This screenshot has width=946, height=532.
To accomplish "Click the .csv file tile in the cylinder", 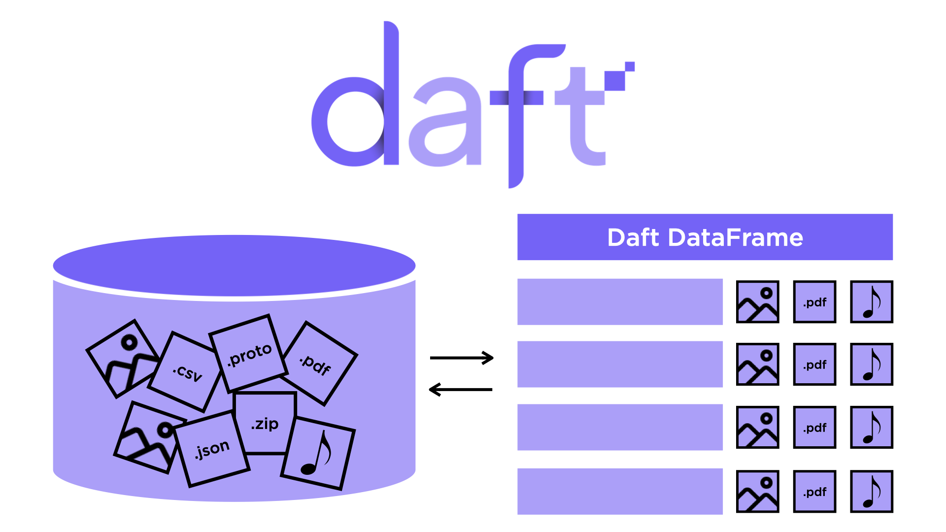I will [x=186, y=371].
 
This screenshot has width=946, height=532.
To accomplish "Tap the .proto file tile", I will [x=249, y=353].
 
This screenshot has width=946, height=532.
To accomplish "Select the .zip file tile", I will [x=265, y=423].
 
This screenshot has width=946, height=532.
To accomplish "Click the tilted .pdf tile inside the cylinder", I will [x=318, y=364].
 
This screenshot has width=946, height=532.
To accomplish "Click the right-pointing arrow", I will [x=462, y=358].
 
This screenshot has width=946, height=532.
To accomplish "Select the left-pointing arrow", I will [x=461, y=390].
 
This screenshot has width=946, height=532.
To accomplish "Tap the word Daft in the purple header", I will [x=633, y=237].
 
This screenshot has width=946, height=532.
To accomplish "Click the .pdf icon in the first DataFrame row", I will [x=814, y=302].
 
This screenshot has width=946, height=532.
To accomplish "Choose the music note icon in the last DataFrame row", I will [x=872, y=492].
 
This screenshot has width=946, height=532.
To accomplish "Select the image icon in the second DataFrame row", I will [x=757, y=365].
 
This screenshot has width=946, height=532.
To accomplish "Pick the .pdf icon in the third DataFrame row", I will [x=814, y=428].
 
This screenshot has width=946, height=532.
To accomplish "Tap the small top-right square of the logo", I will [x=630, y=66].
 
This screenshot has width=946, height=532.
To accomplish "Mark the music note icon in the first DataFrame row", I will [x=872, y=302].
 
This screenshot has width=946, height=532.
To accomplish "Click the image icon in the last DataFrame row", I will [x=757, y=492].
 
